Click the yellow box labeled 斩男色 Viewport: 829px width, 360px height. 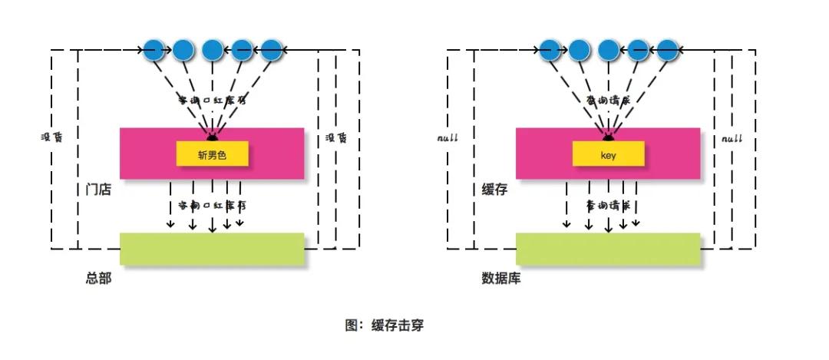pyautogui.click(x=213, y=154)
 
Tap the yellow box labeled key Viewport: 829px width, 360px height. pyautogui.click(x=608, y=154)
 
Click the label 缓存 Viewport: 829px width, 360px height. pyautogui.click(x=494, y=189)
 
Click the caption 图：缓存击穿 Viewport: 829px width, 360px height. pyautogui.click(x=384, y=325)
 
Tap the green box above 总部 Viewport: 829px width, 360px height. pyautogui.click(x=212, y=249)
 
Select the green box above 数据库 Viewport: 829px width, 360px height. pyautogui.click(x=608, y=249)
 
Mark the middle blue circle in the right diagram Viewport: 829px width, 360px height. pyautogui.click(x=608, y=51)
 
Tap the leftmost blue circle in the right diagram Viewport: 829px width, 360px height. pyautogui.click(x=549, y=51)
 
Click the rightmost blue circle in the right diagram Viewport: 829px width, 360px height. pyautogui.click(x=667, y=51)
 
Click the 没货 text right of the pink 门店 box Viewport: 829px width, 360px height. pyautogui.click(x=335, y=138)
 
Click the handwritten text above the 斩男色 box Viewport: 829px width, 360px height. pyautogui.click(x=212, y=101)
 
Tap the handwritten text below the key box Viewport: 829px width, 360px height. pyautogui.click(x=608, y=206)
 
